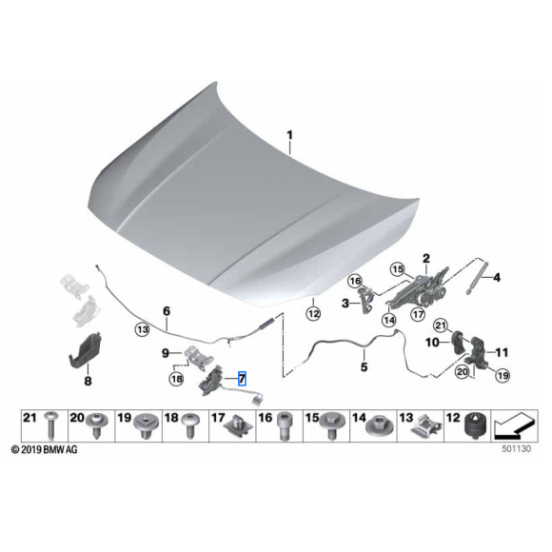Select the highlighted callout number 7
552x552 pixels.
pos(241,378)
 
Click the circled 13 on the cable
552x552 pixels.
pos(142,329)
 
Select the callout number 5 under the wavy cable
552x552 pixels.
pos(362,365)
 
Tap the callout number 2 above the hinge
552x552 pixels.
pos(427,257)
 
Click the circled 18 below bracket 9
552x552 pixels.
pos(176,379)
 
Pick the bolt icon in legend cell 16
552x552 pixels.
pos(283,427)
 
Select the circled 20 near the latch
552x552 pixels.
pos(462,372)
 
